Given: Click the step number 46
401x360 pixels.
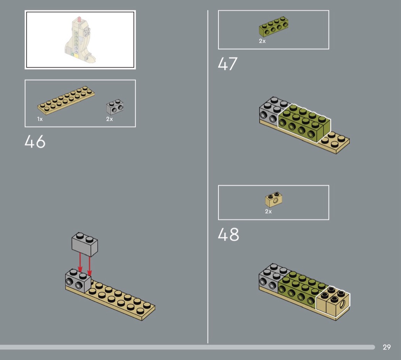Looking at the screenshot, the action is [35, 141].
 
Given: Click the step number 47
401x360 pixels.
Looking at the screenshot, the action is [228, 64].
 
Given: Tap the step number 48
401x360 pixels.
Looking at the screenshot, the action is [228, 235].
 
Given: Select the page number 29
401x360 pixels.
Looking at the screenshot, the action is [386, 347].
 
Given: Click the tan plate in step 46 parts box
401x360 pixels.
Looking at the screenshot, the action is [66, 100].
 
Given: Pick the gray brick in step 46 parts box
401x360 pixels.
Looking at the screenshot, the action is [115, 107].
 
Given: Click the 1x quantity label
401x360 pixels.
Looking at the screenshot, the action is [40, 119].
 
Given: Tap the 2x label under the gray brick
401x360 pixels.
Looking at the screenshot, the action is [110, 119].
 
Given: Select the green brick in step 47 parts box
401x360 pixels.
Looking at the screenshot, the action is [274, 27].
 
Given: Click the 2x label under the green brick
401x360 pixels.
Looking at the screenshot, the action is [262, 41].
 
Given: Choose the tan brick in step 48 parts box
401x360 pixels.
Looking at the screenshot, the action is [274, 199].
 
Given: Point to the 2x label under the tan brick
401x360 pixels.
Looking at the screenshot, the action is [268, 212].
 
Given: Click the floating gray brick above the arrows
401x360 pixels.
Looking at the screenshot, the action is [85, 244].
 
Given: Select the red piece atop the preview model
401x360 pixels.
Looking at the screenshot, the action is [79, 19].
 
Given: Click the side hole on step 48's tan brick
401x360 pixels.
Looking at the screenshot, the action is [342, 304].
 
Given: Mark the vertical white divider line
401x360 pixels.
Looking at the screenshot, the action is [208, 177].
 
